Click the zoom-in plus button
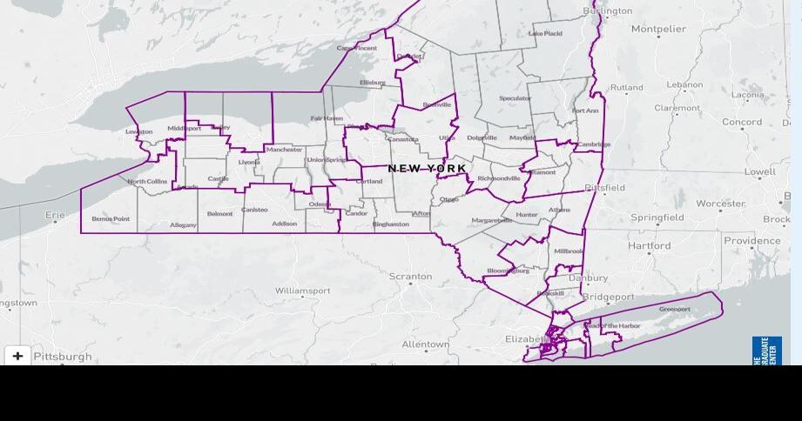[17, 356]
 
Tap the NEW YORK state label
[427, 168]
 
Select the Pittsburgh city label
[63, 357]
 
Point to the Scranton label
[410, 277]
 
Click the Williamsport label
[302, 291]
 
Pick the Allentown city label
[425, 344]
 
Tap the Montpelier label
[658, 29]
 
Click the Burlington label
[608, 11]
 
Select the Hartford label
[650, 245]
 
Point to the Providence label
[751, 241]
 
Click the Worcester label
[720, 204]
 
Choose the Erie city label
[55, 214]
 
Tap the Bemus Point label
[111, 218]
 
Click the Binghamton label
[390, 224]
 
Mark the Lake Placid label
[545, 34]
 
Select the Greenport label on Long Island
[675, 309]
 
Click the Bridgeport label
[608, 297]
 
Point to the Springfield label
[657, 217]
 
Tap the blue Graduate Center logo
[766, 350]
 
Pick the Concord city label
[742, 122]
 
